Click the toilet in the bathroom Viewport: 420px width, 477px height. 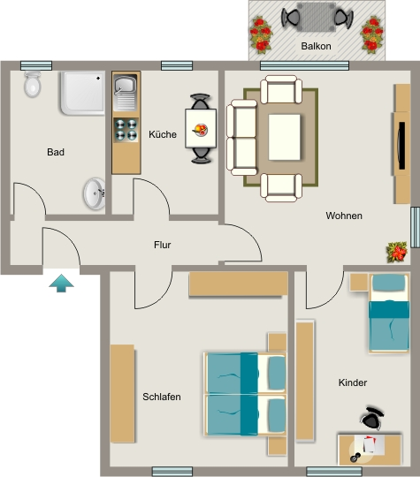coord(33,84)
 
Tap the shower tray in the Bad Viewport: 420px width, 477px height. coord(83,93)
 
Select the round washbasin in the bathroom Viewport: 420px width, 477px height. coord(95,193)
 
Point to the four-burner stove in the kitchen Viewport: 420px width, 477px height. coord(126,130)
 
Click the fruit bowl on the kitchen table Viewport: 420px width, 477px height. coord(201,130)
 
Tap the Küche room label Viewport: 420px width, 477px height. coord(163,134)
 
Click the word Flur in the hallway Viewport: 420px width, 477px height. coord(163,245)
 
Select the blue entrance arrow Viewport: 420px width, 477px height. coord(61,284)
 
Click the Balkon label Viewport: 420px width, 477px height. coord(316,46)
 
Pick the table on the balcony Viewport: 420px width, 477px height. coord(316,17)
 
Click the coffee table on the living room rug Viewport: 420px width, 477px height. coord(284,137)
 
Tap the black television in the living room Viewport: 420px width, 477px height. coord(401,146)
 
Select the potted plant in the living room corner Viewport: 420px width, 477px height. coord(396,252)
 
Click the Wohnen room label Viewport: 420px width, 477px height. coord(344,216)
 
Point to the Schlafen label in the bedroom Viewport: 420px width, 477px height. coord(162,397)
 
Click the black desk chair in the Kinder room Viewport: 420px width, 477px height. coord(373,419)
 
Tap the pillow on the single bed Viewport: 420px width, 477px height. coord(389,283)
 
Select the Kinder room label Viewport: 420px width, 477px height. coord(353,382)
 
